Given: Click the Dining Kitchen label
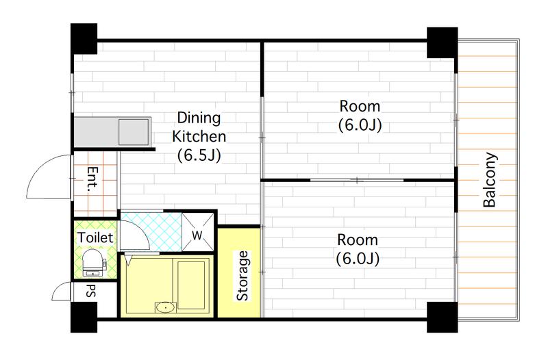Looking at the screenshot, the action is (199, 136).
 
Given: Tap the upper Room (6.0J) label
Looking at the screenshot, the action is (360, 116).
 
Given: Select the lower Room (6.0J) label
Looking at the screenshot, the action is (358, 249).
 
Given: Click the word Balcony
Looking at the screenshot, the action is (490, 180).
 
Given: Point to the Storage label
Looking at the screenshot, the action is (242, 276).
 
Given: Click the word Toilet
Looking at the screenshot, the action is (95, 237).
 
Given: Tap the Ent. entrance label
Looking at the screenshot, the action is (92, 180).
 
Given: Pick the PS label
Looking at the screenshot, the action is (90, 291).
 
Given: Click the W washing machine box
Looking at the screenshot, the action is (197, 232).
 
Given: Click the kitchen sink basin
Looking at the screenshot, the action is (134, 132).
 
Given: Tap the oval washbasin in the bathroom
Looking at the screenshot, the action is (165, 307).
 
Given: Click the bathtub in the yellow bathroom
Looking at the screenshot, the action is (193, 283).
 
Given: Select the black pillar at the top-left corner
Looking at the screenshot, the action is (84, 39).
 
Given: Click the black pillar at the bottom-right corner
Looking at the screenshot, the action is (442, 317).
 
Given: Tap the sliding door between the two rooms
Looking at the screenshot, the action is (357, 180).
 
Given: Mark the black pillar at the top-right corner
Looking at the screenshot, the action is (442, 42).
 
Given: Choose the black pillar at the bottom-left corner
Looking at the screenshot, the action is (84, 317).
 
